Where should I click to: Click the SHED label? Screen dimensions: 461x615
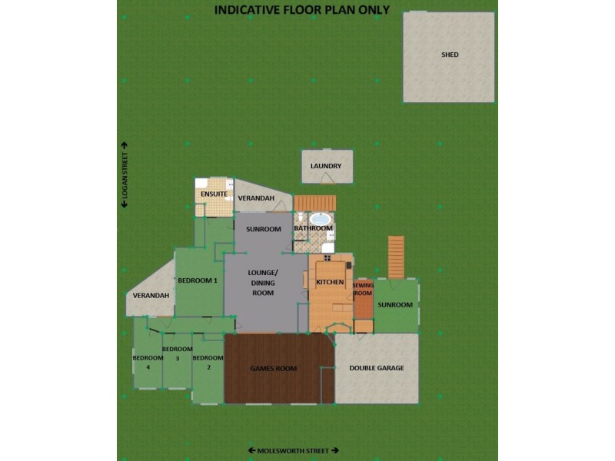(450, 55)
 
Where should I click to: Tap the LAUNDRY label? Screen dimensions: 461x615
(326, 166)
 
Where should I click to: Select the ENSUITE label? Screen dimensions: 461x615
(214, 194)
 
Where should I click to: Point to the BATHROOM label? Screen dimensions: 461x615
(313, 228)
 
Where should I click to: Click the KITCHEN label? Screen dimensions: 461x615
(330, 283)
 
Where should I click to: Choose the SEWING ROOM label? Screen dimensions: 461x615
(363, 289)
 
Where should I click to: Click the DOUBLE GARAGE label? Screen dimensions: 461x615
(377, 368)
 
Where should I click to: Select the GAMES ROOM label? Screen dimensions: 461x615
(274, 369)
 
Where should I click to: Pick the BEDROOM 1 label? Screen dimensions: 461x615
(198, 280)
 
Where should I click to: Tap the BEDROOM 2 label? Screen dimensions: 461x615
(208, 363)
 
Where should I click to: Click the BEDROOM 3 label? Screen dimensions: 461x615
(177, 353)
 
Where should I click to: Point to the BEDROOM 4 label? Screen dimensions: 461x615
(148, 363)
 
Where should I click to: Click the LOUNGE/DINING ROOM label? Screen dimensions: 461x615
(263, 283)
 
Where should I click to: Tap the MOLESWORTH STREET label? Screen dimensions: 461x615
(293, 450)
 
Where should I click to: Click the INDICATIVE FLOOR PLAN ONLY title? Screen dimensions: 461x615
(301, 10)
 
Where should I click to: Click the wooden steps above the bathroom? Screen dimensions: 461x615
(315, 203)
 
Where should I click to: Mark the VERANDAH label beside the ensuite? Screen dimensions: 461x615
(256, 198)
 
